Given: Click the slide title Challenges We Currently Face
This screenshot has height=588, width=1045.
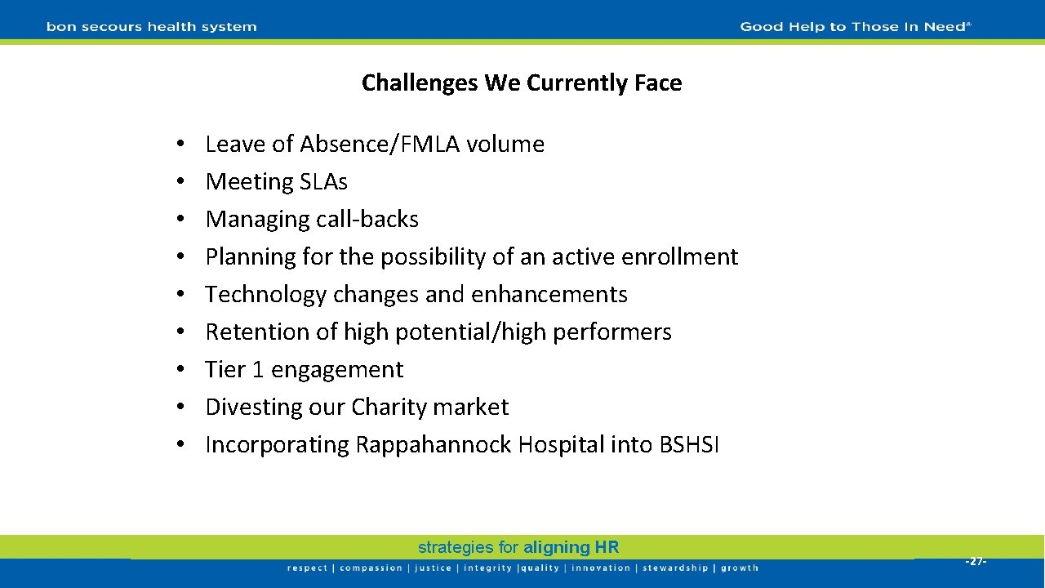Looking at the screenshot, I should pyautogui.click(x=522, y=82).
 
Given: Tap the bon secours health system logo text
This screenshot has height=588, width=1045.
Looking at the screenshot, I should pyautogui.click(x=152, y=27).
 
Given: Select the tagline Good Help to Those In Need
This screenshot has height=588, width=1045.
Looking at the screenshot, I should pyautogui.click(x=855, y=27).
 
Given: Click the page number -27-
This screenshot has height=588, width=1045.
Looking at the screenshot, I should pyautogui.click(x=976, y=561).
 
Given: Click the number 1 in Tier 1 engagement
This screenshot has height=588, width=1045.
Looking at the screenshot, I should pyautogui.click(x=258, y=369).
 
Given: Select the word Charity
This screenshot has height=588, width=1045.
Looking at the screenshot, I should pyautogui.click(x=389, y=407).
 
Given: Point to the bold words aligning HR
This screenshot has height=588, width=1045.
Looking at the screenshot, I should pyautogui.click(x=571, y=547).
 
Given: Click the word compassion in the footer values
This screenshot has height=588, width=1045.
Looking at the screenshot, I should pyautogui.click(x=371, y=568).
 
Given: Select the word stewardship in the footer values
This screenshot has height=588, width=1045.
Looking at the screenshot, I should pyautogui.click(x=676, y=568).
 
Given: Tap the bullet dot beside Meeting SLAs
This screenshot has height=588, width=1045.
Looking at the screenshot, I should pyautogui.click(x=178, y=182).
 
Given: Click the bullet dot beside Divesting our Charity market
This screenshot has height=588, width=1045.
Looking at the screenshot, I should pyautogui.click(x=178, y=408).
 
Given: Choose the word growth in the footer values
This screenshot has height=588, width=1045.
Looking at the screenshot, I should pyautogui.click(x=740, y=568).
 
